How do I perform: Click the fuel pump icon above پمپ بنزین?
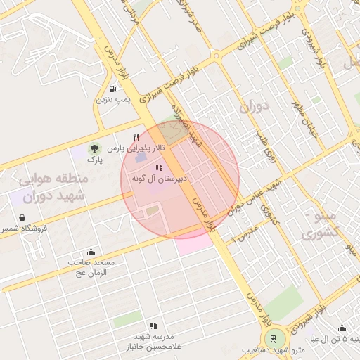point(114,89)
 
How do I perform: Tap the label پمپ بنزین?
point(113,100)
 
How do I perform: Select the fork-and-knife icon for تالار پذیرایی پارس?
point(136,137)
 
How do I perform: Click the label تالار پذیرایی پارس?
point(141,148)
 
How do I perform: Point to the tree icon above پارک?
point(93,148)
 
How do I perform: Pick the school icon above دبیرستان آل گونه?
point(159,169)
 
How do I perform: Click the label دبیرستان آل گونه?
point(159,180)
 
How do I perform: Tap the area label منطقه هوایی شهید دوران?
point(49,188)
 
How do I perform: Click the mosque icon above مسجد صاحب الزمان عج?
point(91,252)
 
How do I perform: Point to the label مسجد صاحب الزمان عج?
point(91,267)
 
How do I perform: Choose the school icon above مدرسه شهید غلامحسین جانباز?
point(153,326)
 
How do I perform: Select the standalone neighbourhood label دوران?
point(254,108)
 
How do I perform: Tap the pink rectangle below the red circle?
point(193,244)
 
